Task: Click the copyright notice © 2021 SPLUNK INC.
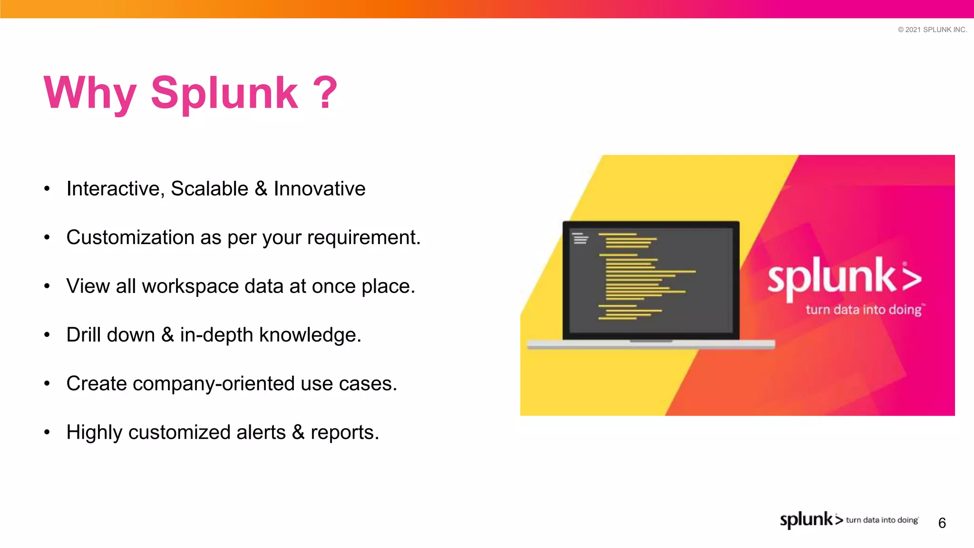coord(932,29)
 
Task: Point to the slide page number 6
coord(942,523)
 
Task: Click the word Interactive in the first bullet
coord(115,189)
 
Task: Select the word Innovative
coord(320,189)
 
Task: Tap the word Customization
coord(130,237)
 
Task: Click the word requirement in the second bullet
coord(363,237)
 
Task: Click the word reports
coord(344,432)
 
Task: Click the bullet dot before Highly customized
coord(47,432)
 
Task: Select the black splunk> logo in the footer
coord(811,519)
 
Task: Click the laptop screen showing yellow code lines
coord(651,280)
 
